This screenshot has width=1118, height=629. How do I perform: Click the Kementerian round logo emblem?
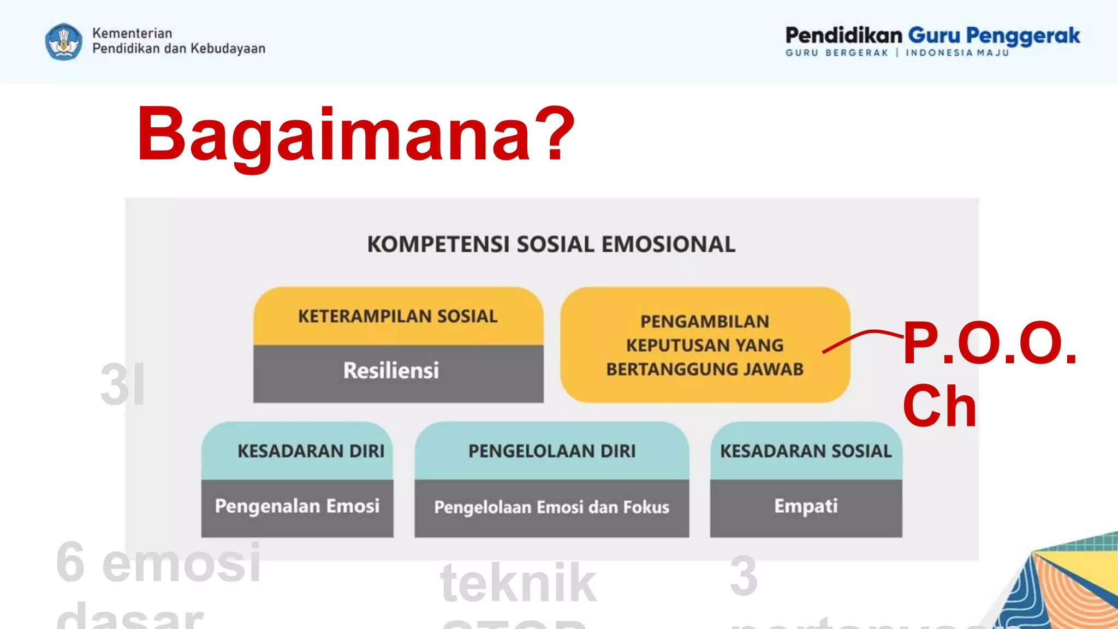point(64,41)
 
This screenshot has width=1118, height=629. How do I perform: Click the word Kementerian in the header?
point(132,33)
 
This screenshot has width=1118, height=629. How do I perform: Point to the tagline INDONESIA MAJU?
point(957,53)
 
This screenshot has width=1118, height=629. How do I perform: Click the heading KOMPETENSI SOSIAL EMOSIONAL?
point(551,244)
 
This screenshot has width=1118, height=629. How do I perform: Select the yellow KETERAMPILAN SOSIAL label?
point(398,316)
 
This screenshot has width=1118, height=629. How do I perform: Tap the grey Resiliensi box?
point(391,371)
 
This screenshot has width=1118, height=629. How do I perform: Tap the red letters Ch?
point(939,406)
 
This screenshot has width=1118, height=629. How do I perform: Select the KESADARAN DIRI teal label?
point(311,451)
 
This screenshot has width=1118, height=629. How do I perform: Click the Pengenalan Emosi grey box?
point(297,506)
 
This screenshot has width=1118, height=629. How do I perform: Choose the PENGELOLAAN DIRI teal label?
point(552,451)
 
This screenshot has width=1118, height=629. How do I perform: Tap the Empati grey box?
point(806,506)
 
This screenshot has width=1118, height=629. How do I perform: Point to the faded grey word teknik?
point(518,583)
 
